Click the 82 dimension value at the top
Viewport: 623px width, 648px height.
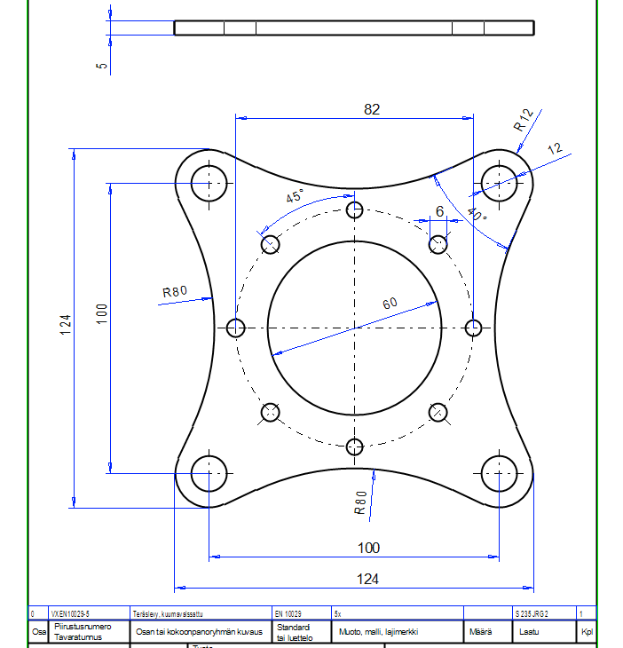point(372,109)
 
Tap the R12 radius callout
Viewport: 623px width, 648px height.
point(524,120)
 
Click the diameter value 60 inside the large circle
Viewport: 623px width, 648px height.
point(390,304)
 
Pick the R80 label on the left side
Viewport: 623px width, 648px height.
point(175,291)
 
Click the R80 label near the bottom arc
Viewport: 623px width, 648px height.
point(360,503)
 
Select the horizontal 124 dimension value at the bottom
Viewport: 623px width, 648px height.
point(367,579)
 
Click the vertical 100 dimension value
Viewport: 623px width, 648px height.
point(101,313)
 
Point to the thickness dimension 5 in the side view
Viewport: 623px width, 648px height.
point(102,65)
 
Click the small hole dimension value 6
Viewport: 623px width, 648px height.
point(438,211)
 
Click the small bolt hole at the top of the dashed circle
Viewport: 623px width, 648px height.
point(355,210)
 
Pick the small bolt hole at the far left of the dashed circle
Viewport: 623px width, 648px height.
point(235,328)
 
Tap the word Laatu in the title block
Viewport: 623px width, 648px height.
point(529,633)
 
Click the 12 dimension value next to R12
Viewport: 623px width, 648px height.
point(556,150)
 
